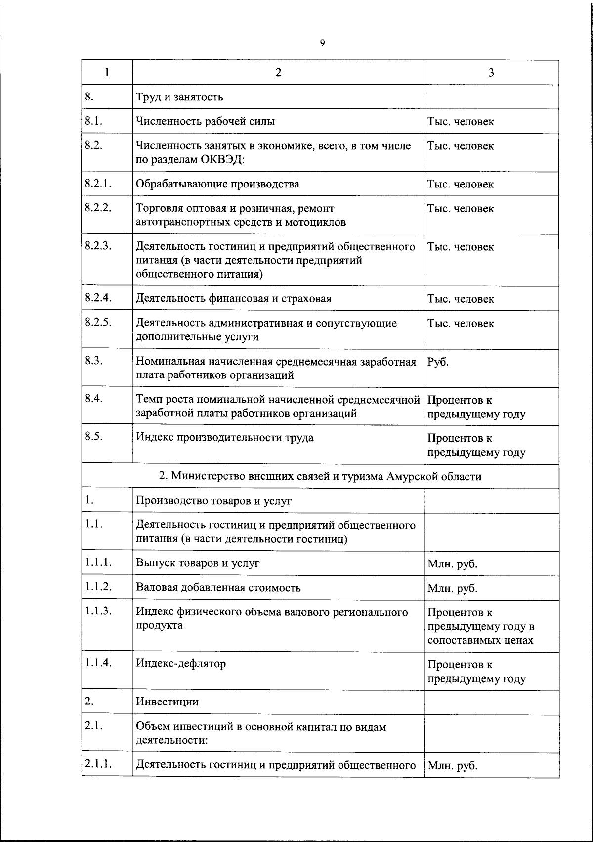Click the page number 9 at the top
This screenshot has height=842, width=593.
(322, 43)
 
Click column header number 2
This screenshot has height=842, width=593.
(278, 73)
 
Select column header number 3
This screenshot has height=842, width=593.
(491, 73)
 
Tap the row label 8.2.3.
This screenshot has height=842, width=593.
(97, 246)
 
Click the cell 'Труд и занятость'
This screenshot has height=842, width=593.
(179, 97)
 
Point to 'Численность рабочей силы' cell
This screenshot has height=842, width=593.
(205, 121)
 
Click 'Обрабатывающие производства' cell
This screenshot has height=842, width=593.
(217, 184)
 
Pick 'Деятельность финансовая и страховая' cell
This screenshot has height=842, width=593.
(233, 299)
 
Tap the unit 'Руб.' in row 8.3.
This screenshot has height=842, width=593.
(438, 362)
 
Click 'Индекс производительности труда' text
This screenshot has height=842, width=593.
(224, 438)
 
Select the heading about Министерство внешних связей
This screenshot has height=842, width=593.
(320, 476)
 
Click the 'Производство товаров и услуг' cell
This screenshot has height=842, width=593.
(213, 501)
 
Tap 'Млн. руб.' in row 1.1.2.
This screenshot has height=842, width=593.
(452, 588)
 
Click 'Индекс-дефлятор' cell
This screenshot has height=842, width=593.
(181, 663)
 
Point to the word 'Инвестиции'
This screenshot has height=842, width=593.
(167, 702)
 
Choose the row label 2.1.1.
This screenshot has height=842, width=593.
(98, 764)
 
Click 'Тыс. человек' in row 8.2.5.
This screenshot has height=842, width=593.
(461, 324)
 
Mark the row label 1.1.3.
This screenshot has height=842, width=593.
(98, 611)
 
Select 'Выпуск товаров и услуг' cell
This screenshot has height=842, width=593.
(198, 563)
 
